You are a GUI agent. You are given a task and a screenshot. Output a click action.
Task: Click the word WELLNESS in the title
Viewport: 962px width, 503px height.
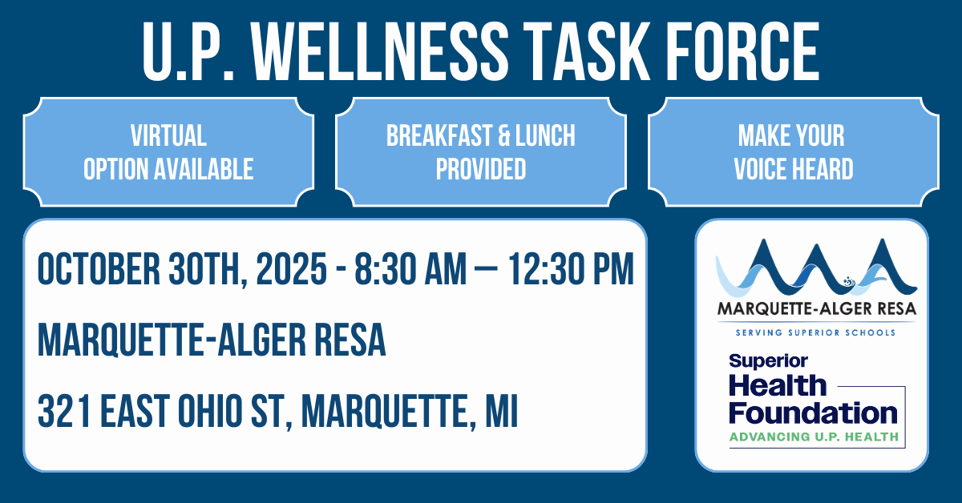[380, 51]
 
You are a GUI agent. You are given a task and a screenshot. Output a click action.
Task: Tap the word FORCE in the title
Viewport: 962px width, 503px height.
[743, 51]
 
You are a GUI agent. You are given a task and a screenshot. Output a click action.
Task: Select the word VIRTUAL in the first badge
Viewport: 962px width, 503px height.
[169, 135]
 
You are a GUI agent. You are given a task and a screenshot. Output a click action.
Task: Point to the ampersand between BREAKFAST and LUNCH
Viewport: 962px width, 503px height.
[503, 135]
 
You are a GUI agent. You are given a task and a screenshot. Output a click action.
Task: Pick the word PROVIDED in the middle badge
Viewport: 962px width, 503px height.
[481, 169]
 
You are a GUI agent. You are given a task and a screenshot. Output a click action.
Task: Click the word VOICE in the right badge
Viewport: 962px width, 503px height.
[761, 169]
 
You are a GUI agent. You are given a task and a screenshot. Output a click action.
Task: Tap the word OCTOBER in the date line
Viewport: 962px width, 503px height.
[99, 269]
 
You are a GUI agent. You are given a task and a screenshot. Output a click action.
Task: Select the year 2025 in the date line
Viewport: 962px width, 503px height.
[292, 269]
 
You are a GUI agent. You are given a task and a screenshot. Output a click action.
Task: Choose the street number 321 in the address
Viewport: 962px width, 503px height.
[64, 412]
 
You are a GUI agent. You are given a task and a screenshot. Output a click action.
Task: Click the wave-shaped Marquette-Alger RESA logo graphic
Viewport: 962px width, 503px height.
[816, 268]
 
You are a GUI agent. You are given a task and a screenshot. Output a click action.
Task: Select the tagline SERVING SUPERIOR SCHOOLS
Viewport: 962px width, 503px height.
[815, 332]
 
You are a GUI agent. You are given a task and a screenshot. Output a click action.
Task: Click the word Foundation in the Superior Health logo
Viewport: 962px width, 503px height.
[813, 412]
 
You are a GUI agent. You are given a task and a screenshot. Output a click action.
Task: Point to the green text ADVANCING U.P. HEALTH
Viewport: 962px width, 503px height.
[814, 437]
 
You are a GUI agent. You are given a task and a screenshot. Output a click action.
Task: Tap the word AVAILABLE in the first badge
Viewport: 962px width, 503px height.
[204, 169]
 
